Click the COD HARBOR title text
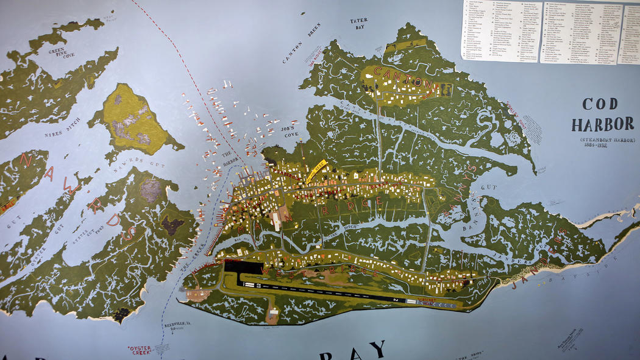pos(602,113)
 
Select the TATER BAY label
pos(358,24)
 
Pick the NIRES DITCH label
pos(62,126)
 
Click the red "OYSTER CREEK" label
pos(139,350)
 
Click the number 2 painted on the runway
pos(395,300)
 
